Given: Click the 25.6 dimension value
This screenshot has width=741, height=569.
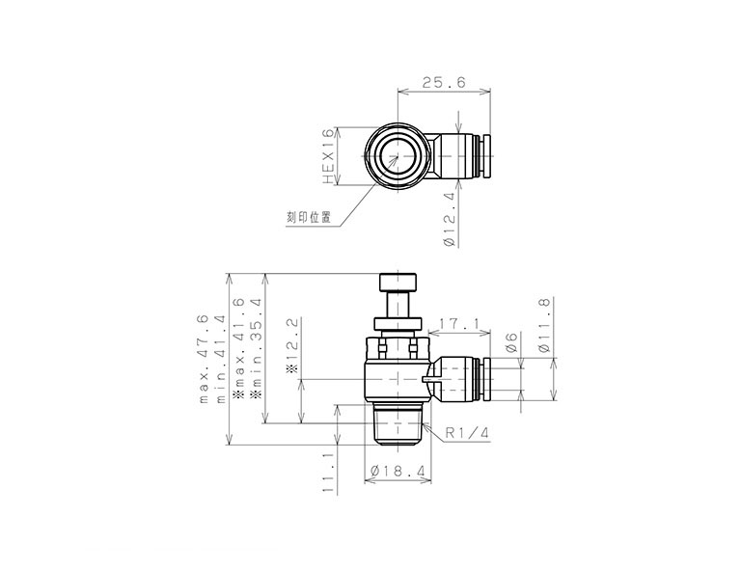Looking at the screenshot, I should pos(444,84).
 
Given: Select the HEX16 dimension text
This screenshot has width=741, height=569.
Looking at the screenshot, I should pos(329,156).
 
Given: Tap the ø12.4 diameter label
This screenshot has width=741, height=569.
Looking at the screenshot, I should pos(448,221).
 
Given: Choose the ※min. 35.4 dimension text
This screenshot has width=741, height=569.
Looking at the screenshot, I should pos(257,348).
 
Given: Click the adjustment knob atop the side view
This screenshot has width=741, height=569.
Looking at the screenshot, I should pos(398,284).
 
